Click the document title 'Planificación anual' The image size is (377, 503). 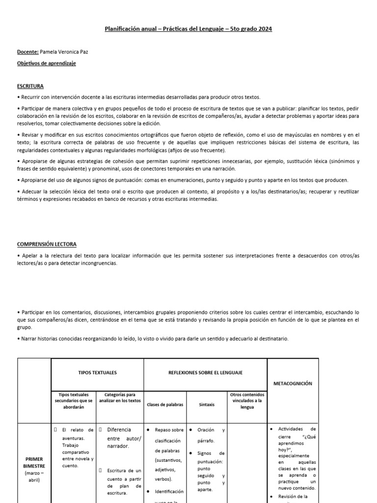click(x=130, y=29)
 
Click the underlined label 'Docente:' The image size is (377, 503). click(x=28, y=51)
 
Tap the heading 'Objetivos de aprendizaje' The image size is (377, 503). click(x=47, y=63)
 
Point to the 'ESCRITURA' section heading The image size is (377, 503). click(x=30, y=86)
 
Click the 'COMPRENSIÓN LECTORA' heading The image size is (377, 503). click(x=47, y=244)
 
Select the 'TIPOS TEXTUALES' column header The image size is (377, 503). click(x=97, y=373)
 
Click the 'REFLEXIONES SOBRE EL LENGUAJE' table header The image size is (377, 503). click(x=205, y=373)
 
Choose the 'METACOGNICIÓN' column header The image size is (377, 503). click(x=293, y=383)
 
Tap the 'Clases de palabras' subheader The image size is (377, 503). click(x=164, y=404)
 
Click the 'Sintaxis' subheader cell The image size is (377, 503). click(x=206, y=404)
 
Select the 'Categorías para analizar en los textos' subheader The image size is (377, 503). click(x=120, y=397)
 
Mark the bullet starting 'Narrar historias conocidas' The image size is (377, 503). click(x=152, y=339)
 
